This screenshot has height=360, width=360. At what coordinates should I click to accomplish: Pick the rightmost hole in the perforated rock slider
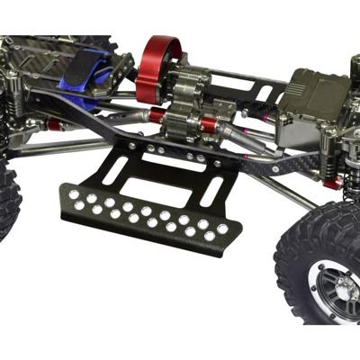tap(222, 229)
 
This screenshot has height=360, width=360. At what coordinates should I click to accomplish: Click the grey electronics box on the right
tap(319, 108)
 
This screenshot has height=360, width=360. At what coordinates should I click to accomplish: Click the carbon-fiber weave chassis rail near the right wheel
tap(288, 166)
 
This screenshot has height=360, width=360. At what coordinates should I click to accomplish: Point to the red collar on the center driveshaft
tap(157, 116)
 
